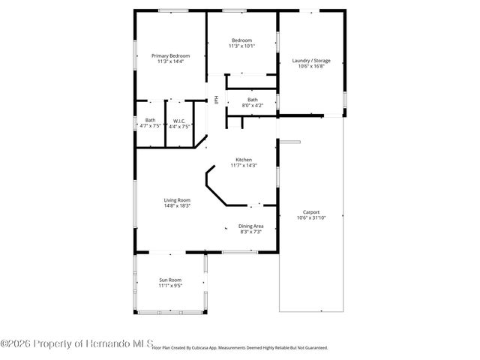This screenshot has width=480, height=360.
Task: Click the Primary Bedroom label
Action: (170, 55)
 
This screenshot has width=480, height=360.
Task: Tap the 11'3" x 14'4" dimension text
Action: (170, 61)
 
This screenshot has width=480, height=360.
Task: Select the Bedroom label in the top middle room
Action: (241, 40)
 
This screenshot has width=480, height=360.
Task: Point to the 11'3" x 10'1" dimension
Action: (241, 46)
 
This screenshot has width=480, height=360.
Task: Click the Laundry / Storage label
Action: (310, 60)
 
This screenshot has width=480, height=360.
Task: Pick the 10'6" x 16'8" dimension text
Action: (310, 66)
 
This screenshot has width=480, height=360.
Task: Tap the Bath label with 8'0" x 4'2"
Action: (253, 100)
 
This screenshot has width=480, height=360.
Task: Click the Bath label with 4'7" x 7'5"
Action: (151, 120)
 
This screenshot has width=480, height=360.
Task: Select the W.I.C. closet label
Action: (180, 120)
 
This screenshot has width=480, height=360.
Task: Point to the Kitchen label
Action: (244, 159)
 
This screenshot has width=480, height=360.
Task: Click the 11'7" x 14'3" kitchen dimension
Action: (244, 165)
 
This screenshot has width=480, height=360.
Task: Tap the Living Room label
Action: (178, 199)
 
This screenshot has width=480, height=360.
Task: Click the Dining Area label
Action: (250, 226)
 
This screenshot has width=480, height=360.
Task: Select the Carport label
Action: (311, 212)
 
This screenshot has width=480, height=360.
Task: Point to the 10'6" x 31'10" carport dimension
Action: (311, 218)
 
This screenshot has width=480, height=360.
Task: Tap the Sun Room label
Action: (169, 280)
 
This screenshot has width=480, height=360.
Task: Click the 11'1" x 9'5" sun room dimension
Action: (169, 286)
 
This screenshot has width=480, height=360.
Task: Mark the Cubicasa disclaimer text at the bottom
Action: (240, 348)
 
